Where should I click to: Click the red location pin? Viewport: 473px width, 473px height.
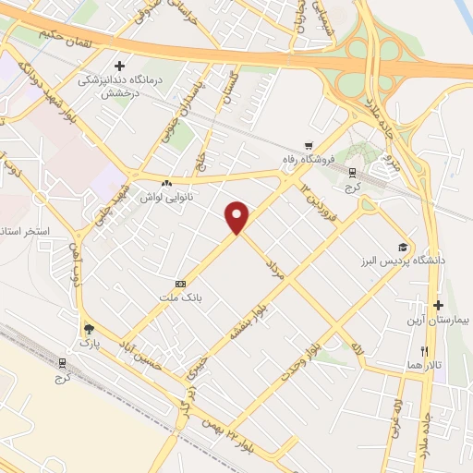coord(237,216)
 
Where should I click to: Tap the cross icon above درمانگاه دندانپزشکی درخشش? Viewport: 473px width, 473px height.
coord(118,66)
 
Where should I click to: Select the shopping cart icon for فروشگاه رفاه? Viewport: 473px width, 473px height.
coord(311,144)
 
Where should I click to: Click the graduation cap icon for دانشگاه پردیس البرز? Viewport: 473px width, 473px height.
coord(402,247)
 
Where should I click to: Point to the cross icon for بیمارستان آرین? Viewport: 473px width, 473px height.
coord(438,305)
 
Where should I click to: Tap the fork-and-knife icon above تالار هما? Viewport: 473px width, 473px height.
coord(425,351)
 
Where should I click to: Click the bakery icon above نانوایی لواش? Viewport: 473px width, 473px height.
coord(166,183)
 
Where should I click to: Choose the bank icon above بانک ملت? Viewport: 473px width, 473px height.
coord(180,283)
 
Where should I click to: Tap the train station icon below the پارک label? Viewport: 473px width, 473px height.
coord(63,361)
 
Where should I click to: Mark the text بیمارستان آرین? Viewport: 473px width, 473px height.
coord(440,320)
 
